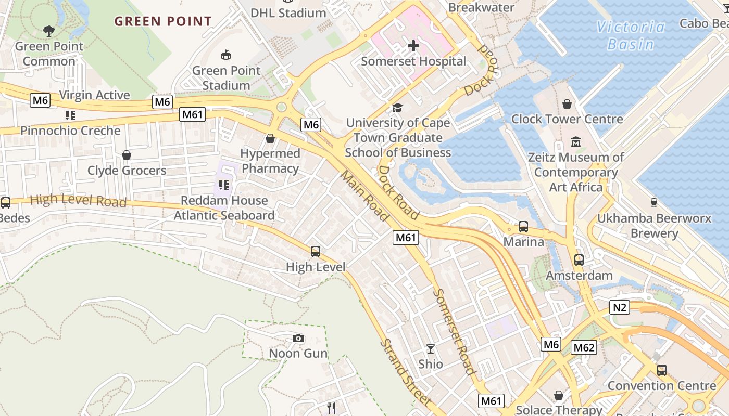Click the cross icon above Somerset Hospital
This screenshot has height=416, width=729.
413,46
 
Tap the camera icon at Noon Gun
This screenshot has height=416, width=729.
298,339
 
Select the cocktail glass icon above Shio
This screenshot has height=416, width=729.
431,348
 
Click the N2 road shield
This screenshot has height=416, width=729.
620,307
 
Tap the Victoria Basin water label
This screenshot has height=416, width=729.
631,35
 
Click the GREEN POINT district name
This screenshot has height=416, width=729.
163,21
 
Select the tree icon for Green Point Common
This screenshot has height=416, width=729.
49,31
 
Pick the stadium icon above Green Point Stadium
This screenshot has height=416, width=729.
226,55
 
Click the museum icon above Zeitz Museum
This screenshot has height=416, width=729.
576,141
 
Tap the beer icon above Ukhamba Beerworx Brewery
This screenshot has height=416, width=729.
654,203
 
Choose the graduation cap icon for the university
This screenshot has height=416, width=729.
398,108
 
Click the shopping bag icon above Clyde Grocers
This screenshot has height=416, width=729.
127,155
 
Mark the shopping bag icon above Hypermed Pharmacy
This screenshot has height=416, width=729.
270,138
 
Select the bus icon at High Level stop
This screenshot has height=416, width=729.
316,252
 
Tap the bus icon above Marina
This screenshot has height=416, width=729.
523,227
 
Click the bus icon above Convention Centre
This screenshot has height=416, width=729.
662,370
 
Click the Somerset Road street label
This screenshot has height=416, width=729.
454,332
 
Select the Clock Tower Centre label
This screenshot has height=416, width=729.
567,119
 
